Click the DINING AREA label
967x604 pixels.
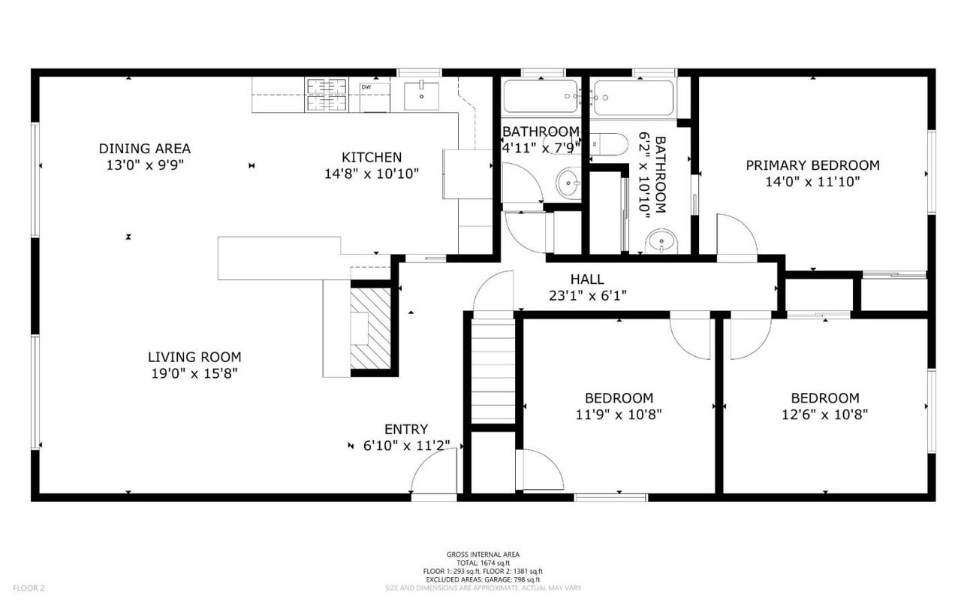click(x=145, y=149)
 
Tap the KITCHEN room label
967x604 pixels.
click(x=372, y=158)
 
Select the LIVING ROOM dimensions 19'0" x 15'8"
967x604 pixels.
click(x=194, y=373)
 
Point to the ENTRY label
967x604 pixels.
click(x=406, y=430)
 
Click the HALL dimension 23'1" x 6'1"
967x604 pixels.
click(x=587, y=295)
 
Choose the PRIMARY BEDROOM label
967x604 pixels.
click(x=812, y=165)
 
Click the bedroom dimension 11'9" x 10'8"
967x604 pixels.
click(x=619, y=414)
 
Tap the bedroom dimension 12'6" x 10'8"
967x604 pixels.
click(x=824, y=414)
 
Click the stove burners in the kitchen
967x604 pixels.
click(x=327, y=95)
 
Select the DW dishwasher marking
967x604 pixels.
click(x=366, y=88)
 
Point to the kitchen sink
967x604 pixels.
click(x=422, y=94)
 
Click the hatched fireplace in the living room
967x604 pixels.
click(x=371, y=328)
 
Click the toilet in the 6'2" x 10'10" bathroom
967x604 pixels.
click(x=609, y=143)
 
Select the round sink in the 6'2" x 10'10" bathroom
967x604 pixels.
click(x=661, y=241)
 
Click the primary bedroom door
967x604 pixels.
click(x=736, y=237)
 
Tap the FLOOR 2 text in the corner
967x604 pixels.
click(x=29, y=588)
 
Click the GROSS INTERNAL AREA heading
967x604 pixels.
click(x=483, y=555)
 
